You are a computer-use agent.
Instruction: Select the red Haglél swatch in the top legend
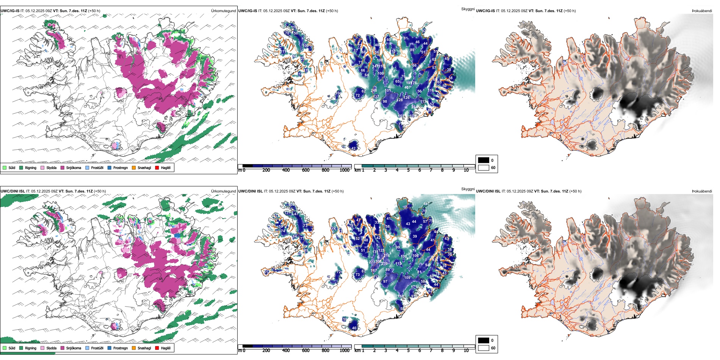point(157,167)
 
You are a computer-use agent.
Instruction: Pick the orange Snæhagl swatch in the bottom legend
point(134,348)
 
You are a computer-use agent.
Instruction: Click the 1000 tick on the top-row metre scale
point(344,170)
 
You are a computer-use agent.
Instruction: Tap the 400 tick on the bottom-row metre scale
point(286,351)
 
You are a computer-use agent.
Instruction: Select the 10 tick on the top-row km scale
point(466,170)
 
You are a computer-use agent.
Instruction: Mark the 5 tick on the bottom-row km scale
point(408,351)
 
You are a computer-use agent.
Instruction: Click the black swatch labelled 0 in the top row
point(484,160)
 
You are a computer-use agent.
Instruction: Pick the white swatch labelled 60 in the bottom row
point(484,348)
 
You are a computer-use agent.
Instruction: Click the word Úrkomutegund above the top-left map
point(223,11)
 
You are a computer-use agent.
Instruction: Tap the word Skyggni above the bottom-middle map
point(468,189)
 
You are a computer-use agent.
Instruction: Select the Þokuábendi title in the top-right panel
point(702,11)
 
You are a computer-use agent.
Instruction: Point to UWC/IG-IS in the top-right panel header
point(485,11)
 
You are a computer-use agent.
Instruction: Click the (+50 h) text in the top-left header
point(94,11)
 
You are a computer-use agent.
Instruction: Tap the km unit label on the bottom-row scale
point(357,351)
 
